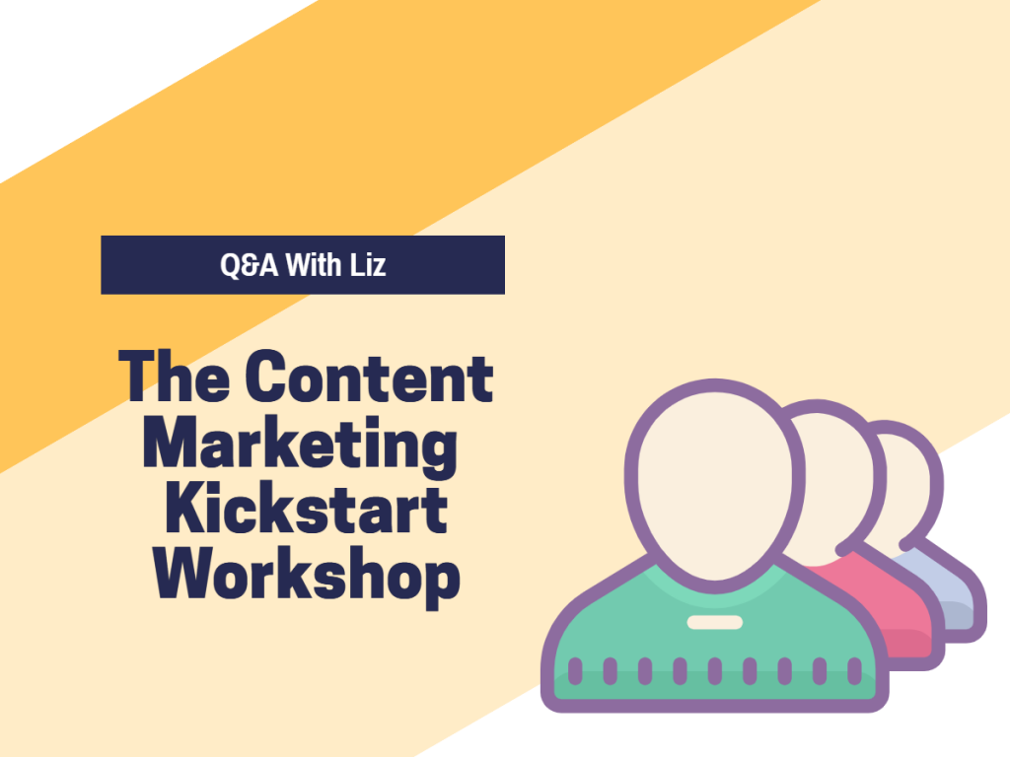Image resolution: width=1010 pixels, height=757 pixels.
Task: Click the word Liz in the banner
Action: click(368, 265)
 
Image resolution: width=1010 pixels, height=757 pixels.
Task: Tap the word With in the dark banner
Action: click(313, 265)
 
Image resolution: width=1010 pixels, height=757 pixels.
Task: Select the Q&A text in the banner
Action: click(250, 265)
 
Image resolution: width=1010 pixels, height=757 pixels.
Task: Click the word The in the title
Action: click(174, 376)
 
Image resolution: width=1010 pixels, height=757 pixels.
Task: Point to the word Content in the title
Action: click(369, 376)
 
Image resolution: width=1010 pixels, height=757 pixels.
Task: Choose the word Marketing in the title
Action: click(300, 446)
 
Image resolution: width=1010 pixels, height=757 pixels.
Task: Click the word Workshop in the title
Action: click(306, 575)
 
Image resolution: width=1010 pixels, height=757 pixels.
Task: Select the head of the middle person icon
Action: click(837, 476)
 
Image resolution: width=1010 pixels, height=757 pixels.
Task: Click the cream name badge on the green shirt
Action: click(715, 623)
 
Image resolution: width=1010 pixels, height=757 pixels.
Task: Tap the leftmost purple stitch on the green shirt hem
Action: click(575, 670)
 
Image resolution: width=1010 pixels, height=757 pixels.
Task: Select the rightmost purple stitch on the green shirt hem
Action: click(855, 670)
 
